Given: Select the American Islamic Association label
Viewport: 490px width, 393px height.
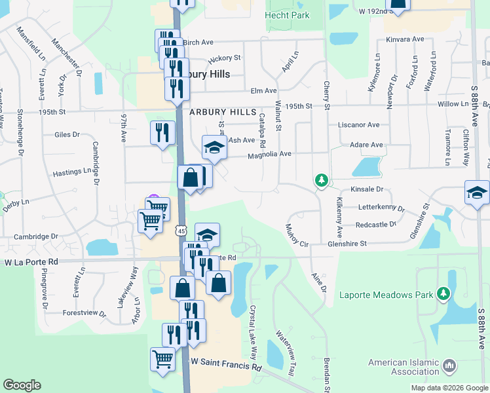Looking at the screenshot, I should (402, 367).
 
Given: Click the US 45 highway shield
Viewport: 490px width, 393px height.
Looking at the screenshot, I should (181, 231).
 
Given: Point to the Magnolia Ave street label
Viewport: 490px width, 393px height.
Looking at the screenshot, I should (269, 155).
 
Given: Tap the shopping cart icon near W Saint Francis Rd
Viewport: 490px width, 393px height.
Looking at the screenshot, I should (162, 358).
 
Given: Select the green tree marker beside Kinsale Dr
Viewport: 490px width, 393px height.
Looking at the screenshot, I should (321, 179).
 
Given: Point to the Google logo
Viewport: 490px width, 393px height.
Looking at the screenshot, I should (22, 385).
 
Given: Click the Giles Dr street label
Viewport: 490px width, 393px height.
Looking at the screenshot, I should (67, 135).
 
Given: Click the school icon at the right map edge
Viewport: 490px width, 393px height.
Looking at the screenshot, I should (477, 193).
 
